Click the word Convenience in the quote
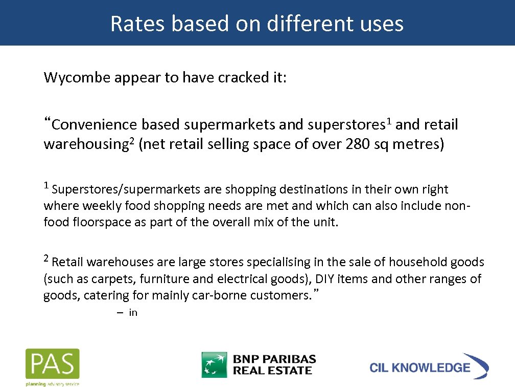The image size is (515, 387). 95,125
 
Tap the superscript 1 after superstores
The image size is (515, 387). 389,121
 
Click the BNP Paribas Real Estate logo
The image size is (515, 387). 259,364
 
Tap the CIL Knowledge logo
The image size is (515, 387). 429,367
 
